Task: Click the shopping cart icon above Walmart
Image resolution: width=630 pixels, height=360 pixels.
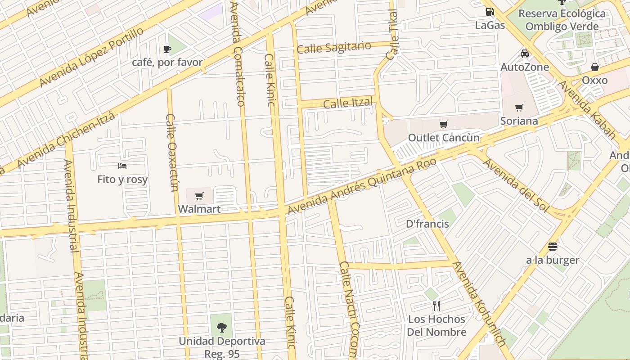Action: click(x=199, y=196)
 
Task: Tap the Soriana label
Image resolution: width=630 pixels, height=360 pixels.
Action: click(x=519, y=121)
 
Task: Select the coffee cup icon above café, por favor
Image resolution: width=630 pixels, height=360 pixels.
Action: click(x=167, y=49)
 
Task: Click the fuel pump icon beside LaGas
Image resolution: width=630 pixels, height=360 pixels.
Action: click(x=489, y=12)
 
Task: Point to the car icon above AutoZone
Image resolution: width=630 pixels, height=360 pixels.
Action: click(x=525, y=54)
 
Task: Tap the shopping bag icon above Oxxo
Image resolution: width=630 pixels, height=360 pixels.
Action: click(x=594, y=67)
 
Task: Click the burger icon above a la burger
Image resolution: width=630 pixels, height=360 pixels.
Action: click(x=553, y=247)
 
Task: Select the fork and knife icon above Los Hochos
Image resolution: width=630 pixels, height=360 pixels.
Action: click(x=436, y=306)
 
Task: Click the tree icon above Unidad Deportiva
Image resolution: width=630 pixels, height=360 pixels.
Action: click(x=221, y=328)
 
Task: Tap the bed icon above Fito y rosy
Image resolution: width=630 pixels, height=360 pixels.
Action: click(x=122, y=166)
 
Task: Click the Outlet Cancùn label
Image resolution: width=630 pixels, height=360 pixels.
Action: click(x=444, y=138)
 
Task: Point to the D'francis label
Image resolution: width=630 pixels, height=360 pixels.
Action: click(x=427, y=224)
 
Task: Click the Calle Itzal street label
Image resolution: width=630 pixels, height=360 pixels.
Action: click(x=348, y=103)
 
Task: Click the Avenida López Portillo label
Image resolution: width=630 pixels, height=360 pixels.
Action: click(x=91, y=57)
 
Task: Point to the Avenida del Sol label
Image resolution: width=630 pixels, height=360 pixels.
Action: click(x=516, y=185)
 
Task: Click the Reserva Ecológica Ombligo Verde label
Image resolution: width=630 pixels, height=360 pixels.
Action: click(x=562, y=20)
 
